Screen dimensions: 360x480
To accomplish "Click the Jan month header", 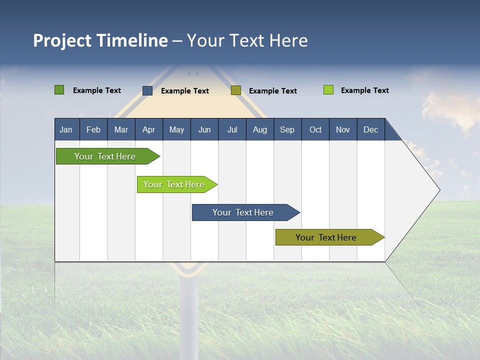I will coord(66,129).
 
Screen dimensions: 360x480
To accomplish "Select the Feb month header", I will coord(93,129).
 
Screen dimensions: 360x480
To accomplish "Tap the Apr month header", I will coord(148,129).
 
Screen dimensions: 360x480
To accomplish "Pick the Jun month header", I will coord(204,129).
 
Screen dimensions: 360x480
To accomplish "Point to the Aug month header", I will coord(259,129).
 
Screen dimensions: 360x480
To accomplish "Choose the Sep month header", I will coord(287,129).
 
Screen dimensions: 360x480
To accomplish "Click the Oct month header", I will coord(315,129).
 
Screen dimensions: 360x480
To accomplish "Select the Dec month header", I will coord(370,129).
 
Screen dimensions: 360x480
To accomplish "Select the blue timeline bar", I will coord(243,212).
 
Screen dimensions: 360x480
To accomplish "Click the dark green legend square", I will coord(59,90).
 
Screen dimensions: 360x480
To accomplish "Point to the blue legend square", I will coord(147,90).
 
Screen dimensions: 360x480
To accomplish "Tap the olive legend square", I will coord(236,90).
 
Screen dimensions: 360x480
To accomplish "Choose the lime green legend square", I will coord(328,90).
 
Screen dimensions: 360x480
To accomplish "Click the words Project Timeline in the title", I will coord(100,40).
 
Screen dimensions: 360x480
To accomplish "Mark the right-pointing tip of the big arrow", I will coord(438,190).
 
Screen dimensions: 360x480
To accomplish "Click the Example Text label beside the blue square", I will coord(184,91).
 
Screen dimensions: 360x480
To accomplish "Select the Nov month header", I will coord(342,129).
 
